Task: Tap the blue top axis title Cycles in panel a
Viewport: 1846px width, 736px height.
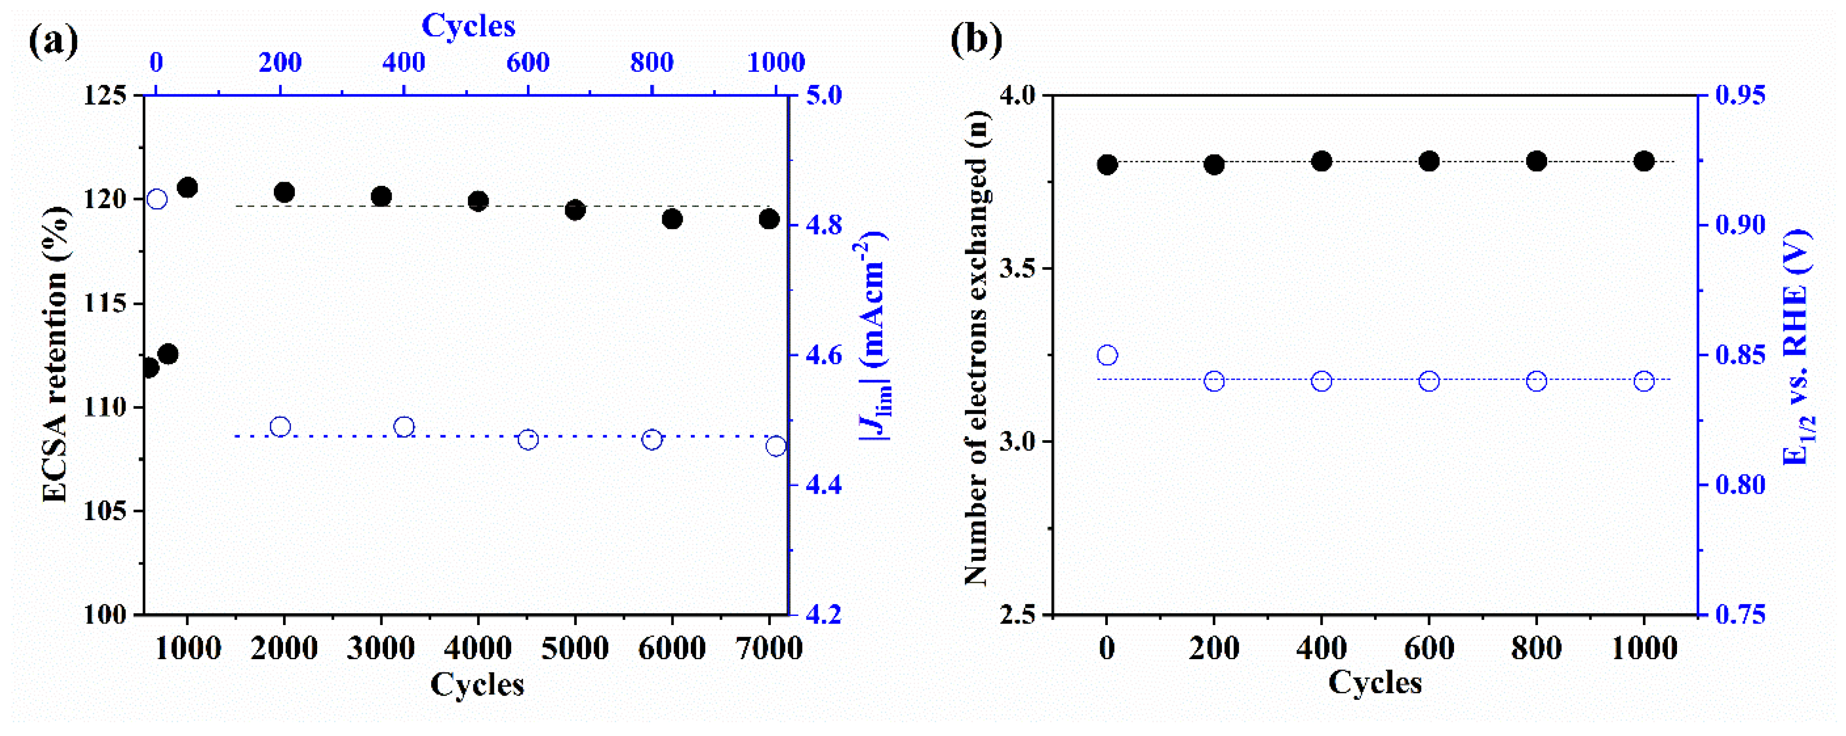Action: pos(468,26)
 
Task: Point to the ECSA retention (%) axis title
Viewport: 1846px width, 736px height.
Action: pos(56,354)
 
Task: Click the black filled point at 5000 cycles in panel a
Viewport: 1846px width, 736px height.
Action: pos(575,210)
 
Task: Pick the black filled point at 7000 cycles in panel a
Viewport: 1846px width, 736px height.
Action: pos(769,218)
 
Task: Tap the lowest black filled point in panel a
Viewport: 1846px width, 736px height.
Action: pos(149,367)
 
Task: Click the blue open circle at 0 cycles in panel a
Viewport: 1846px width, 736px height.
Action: pos(157,199)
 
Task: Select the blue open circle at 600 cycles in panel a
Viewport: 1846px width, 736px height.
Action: pos(528,439)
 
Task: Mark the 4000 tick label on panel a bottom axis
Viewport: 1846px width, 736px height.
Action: pos(477,648)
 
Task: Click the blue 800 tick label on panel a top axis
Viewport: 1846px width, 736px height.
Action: pos(652,63)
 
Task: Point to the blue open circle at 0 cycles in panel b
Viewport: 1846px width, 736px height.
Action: pos(1107,355)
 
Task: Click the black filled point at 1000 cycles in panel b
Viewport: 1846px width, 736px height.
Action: pos(1644,161)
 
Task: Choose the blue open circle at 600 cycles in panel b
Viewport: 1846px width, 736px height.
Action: pos(1429,381)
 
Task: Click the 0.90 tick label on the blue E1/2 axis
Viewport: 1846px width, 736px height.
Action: pos(1740,225)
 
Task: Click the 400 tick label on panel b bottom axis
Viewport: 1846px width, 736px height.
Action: pos(1322,648)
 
